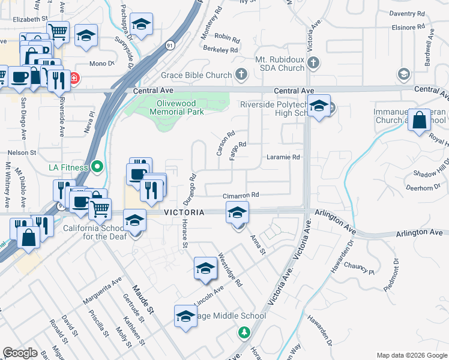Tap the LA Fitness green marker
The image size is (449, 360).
click(97, 167)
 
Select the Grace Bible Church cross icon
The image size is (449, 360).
click(241, 75)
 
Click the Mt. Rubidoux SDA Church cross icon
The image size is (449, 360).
click(313, 62)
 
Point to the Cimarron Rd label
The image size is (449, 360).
click(241, 195)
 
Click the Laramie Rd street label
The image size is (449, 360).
click(283, 157)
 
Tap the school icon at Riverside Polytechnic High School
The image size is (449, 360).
click(319, 107)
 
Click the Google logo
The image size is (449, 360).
click(20, 353)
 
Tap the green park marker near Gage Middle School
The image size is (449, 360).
click(244, 331)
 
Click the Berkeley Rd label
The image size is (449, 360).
click(221, 49)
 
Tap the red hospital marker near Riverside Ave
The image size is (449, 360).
click(74, 78)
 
